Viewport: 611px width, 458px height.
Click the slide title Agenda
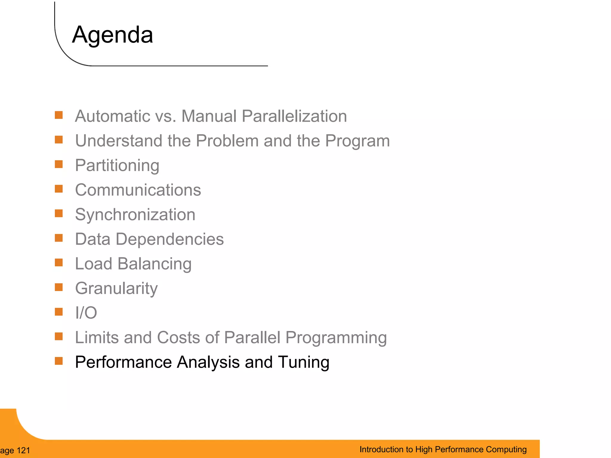pyautogui.click(x=112, y=35)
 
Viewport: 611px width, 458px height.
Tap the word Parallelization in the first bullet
pyautogui.click(x=294, y=116)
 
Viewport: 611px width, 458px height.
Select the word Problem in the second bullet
pyautogui.click(x=227, y=141)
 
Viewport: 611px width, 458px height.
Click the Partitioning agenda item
pyautogui.click(x=117, y=165)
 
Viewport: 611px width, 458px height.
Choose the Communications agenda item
pyautogui.click(x=138, y=190)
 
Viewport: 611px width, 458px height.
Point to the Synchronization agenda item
pyautogui.click(x=135, y=215)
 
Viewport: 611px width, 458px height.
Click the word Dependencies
pyautogui.click(x=169, y=239)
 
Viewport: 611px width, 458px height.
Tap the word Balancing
pyautogui.click(x=154, y=264)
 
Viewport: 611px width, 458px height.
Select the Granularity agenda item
pyautogui.click(x=116, y=288)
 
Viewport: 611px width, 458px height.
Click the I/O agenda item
pyautogui.click(x=86, y=313)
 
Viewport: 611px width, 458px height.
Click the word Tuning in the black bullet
pyautogui.click(x=303, y=362)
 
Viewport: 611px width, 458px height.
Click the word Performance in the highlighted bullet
pyautogui.click(x=123, y=362)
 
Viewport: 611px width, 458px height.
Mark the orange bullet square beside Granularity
pyautogui.click(x=59, y=287)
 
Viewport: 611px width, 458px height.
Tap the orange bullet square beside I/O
pyautogui.click(x=59, y=312)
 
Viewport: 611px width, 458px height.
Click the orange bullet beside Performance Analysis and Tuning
pyautogui.click(x=59, y=361)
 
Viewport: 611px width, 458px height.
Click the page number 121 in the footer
pyautogui.click(x=24, y=451)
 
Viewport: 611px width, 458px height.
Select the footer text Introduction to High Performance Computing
pyautogui.click(x=443, y=449)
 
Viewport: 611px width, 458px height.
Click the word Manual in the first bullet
pyautogui.click(x=209, y=116)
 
